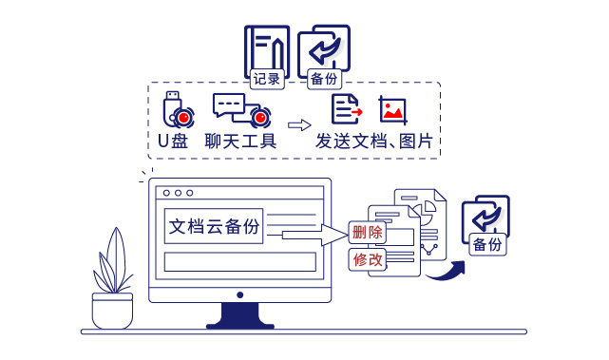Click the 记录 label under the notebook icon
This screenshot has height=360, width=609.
(x=267, y=81)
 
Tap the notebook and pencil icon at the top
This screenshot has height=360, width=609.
(x=267, y=47)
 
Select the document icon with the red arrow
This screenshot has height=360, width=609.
(x=345, y=109)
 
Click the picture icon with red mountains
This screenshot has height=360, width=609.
(x=393, y=109)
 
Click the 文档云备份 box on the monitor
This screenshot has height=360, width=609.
(x=214, y=227)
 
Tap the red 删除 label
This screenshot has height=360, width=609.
(x=367, y=233)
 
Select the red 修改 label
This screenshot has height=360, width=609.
(x=368, y=258)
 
